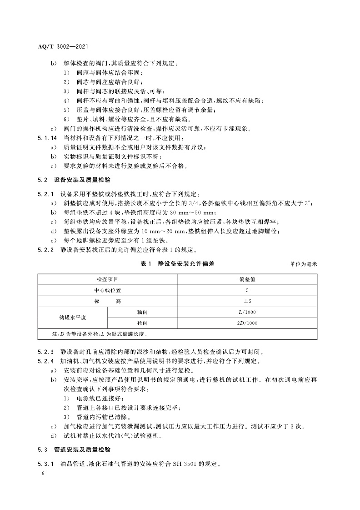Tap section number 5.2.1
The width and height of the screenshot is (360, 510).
[45, 194]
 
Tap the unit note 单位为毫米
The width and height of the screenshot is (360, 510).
[302, 264]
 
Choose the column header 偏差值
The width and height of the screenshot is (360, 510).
[247, 278]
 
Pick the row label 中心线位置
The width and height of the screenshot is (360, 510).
[107, 290]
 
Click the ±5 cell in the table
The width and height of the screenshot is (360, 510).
[247, 301]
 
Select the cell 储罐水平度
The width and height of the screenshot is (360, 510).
[73, 318]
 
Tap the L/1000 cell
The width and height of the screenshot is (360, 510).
[247, 312]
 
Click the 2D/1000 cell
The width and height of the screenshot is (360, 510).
[247, 323]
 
